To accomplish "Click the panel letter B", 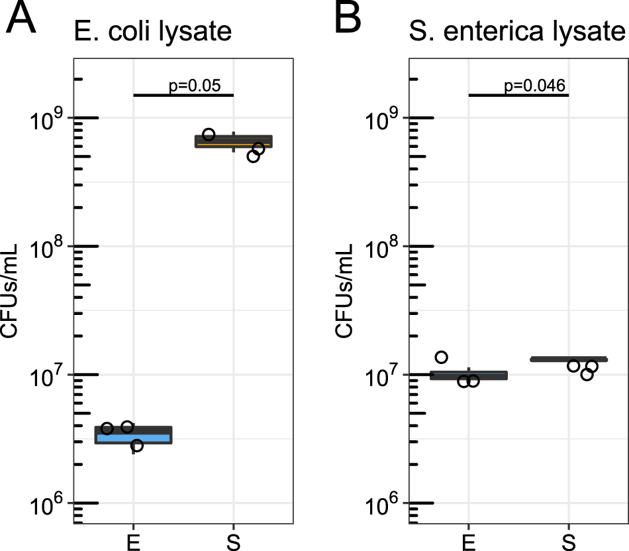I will pos(348,21).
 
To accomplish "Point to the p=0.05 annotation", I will pos(194,86).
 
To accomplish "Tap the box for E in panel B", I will pos(468,375).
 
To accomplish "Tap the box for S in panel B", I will pos(568,359).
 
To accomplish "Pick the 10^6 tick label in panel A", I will pos(44,505).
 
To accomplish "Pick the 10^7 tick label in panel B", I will pos(379,376).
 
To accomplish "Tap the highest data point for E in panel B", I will pos(441,357).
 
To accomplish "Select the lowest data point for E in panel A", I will pos(136,446).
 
